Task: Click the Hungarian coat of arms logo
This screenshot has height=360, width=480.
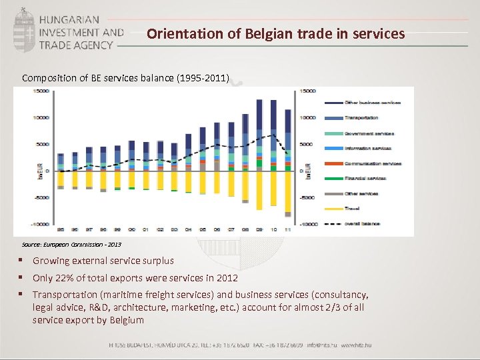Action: (x=25, y=31)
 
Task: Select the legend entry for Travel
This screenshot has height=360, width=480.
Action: (x=353, y=208)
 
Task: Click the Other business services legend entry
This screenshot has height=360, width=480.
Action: (x=372, y=102)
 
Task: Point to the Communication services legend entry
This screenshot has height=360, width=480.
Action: (x=372, y=163)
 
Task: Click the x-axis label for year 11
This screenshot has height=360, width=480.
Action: (x=288, y=228)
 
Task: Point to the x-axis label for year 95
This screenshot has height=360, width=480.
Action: (x=61, y=228)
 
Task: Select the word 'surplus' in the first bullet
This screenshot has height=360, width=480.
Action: (x=157, y=261)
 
